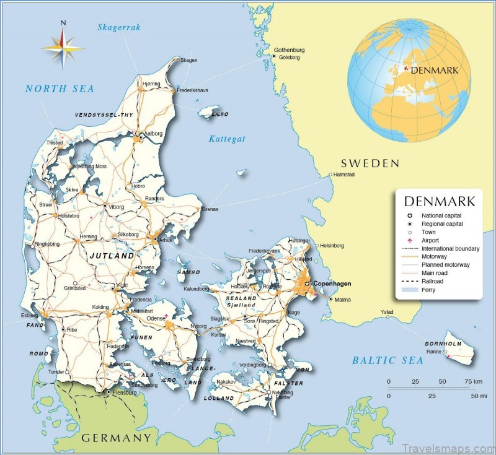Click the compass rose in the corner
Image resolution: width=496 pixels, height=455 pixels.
point(63,46)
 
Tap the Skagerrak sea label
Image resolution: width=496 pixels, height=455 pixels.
point(119,27)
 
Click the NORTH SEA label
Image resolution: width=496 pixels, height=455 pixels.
point(60,89)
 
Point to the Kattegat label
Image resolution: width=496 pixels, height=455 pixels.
point(227,139)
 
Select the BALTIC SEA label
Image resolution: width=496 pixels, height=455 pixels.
point(387,360)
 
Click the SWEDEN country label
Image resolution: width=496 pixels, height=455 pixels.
point(370,163)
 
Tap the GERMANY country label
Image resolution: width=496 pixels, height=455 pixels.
point(116,438)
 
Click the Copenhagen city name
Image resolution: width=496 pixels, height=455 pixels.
point(332,284)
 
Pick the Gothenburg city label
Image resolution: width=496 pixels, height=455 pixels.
point(290,50)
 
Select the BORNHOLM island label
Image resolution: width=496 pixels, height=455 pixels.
point(444,343)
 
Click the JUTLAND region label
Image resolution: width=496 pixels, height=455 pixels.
point(112,255)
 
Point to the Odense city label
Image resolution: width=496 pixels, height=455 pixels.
point(156,318)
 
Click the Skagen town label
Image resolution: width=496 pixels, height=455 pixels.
point(188,60)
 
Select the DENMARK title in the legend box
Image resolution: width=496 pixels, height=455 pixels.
point(440,201)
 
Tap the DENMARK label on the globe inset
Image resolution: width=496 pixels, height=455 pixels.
point(435,70)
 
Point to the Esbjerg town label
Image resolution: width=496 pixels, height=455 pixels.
point(30,314)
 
